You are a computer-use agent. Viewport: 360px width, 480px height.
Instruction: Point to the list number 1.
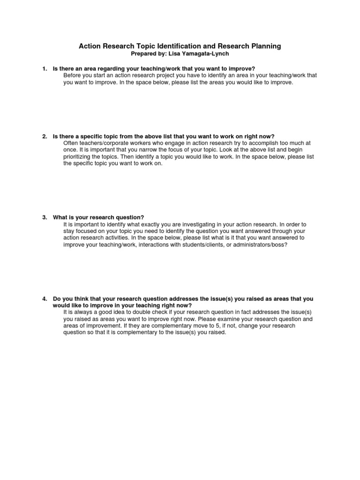pos(44,69)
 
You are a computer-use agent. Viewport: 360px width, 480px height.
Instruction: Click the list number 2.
pos(44,136)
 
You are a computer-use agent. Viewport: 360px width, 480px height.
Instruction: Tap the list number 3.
pos(44,217)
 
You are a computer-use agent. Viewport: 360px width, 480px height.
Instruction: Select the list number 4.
pos(44,299)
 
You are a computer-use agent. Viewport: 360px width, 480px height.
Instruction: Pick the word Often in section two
pos(70,143)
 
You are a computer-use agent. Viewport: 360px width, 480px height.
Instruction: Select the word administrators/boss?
pos(251,245)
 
